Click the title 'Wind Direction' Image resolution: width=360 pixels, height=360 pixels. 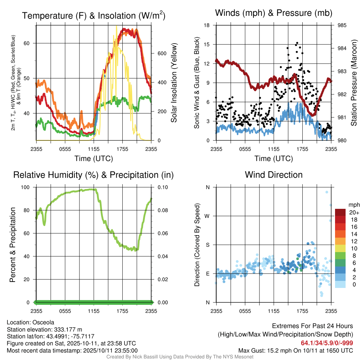pos(274,175)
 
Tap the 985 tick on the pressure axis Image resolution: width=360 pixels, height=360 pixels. pos(342,25)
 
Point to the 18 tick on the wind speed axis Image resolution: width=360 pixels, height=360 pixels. pos(207,25)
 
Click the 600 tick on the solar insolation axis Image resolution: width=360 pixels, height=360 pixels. pos(161,53)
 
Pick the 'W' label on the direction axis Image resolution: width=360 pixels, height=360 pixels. pos(208,216)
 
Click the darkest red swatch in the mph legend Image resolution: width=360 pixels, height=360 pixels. pos(340,212)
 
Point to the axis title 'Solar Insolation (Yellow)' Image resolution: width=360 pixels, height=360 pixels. pos(174,83)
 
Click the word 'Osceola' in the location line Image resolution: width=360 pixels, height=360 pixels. pos(43,322)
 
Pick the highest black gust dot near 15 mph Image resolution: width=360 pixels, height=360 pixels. pos(297,43)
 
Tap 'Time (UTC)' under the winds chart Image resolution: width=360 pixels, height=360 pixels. pos(274,159)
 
